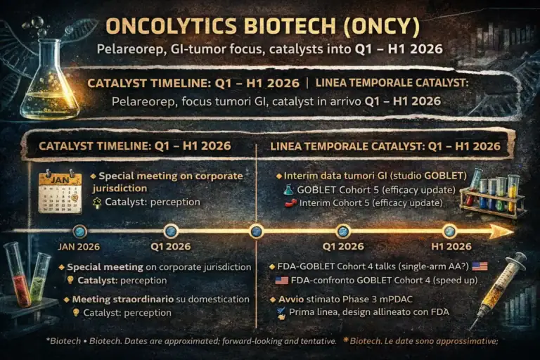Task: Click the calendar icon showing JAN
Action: coord(60,191)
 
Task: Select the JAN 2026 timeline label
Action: coord(78,247)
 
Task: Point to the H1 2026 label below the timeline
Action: coord(449,247)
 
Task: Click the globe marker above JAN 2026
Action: coord(79,231)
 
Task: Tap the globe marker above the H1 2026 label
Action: coord(449,231)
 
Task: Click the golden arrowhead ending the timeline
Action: coord(501,231)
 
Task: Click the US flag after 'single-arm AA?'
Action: coord(480,266)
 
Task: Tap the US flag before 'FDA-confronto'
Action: coord(281,280)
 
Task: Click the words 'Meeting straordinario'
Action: coord(112,299)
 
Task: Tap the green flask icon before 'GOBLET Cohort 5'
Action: coord(288,190)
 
